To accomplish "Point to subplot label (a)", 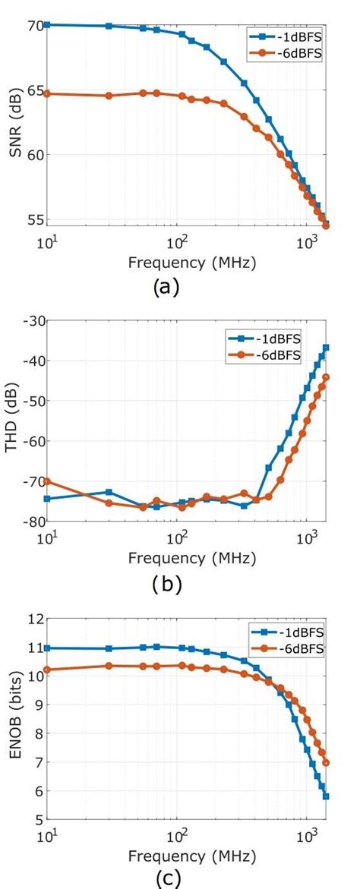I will pyautogui.click(x=166, y=287).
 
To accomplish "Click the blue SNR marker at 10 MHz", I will pyautogui.click(x=47, y=25).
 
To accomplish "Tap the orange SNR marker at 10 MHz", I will pyautogui.click(x=47, y=93).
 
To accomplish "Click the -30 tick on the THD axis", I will pyautogui.click(x=33, y=320).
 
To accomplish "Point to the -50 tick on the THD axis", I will pyautogui.click(x=33, y=401).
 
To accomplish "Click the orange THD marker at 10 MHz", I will pyautogui.click(x=47, y=481).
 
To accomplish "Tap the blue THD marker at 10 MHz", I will pyautogui.click(x=47, y=499).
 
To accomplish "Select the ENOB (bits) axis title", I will pyautogui.click(x=14, y=719).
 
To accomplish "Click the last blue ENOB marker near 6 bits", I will pyautogui.click(x=326, y=796).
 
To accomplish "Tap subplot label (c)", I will pyautogui.click(x=166, y=880).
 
